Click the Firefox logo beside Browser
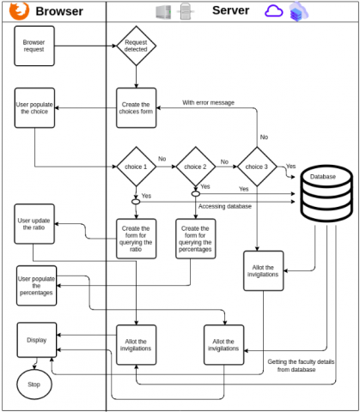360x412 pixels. pos(19,10)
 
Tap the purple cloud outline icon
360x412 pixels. pos(273,11)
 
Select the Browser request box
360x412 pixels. pos(34,46)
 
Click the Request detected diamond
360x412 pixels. pos(136,45)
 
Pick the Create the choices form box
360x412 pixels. pos(137,108)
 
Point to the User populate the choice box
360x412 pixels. pos(34,108)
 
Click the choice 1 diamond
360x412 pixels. pos(137,167)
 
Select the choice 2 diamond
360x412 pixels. pos(196,167)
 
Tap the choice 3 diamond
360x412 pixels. pos(257,167)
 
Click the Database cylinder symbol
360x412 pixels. pos(326,193)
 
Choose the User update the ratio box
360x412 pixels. pos(34,224)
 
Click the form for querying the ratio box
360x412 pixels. pos(137,239)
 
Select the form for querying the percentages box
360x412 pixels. pos(196,239)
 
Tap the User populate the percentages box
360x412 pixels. pos(36,286)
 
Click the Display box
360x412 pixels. pos(37,340)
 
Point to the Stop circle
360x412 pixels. pos(34,385)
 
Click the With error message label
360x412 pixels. pos(208,102)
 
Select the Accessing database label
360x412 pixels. pos(225,206)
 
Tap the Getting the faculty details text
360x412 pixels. pos(301,362)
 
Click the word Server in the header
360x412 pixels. pos(230,10)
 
